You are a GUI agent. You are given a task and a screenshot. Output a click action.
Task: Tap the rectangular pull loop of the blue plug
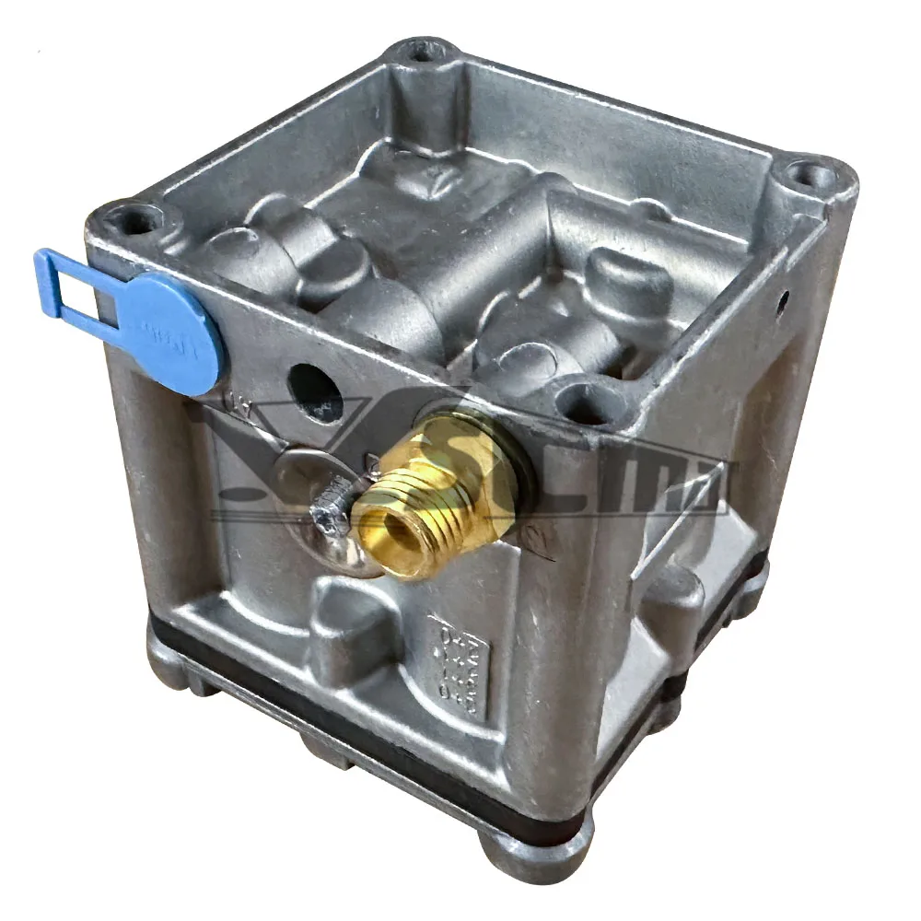click(64, 281)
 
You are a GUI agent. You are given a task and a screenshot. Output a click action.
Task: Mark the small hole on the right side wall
click(782, 299)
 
